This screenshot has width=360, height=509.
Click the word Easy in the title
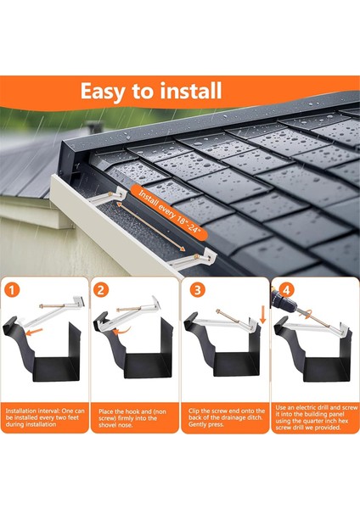click(103, 92)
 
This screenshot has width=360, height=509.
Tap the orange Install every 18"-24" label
click(169, 213)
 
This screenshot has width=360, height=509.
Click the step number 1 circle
click(12, 289)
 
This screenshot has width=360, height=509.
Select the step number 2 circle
click(101, 289)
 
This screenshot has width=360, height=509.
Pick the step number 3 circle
click(197, 289)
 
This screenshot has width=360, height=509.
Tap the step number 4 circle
click(287, 289)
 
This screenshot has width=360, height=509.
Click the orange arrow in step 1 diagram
click(34, 332)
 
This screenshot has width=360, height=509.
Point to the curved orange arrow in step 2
click(122, 331)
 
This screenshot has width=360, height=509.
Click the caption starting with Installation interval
click(45, 417)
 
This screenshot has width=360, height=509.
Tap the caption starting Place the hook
click(132, 418)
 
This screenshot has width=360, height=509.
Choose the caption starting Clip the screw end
click(227, 417)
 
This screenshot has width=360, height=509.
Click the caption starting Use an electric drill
click(316, 417)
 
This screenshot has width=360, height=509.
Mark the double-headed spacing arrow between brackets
click(151, 227)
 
